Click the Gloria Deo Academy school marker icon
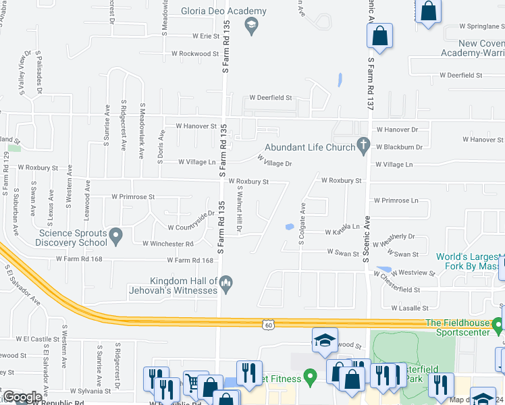tap(251, 26)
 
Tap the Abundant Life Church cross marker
tap(363, 144)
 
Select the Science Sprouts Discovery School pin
tap(116, 236)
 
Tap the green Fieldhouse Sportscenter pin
tap(498, 327)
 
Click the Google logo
tap(22, 397)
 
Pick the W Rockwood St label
tap(195, 53)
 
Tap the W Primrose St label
tap(133, 197)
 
